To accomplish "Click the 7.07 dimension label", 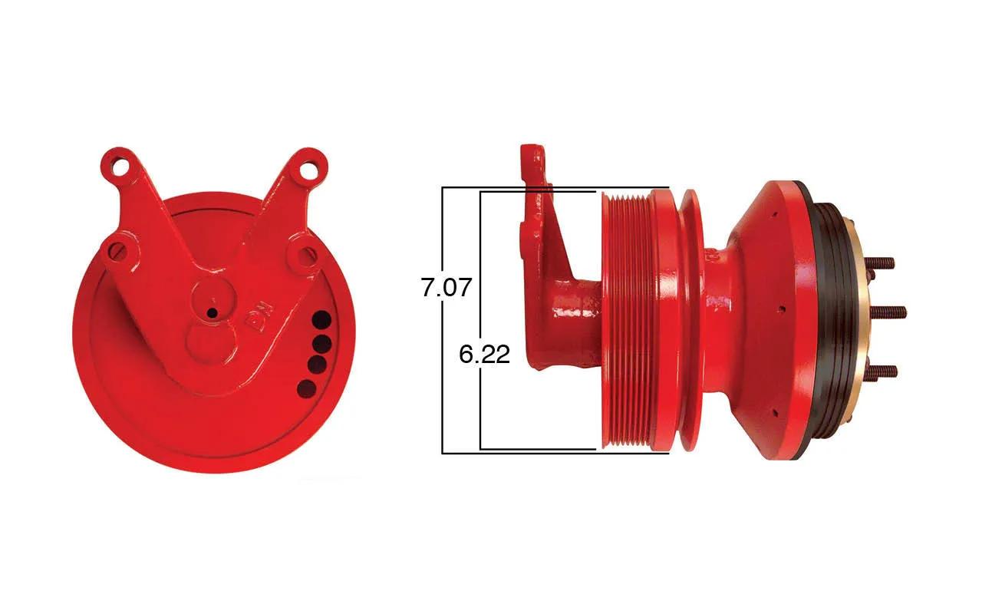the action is (447, 287).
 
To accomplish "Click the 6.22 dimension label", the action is (484, 354).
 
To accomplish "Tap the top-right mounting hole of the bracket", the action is (311, 169).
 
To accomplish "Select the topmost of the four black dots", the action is (321, 320).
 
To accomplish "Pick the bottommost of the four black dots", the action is (307, 388).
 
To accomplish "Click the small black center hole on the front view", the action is (213, 312).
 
